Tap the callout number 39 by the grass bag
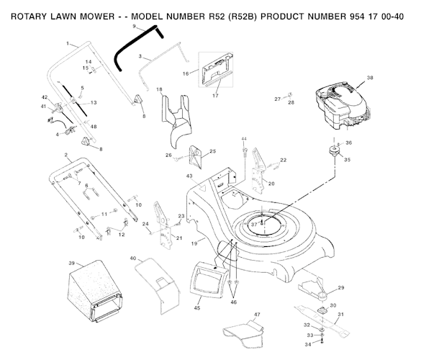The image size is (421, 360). (x=72, y=263)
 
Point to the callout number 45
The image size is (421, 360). (x=196, y=307)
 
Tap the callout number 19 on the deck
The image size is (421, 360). (x=194, y=245)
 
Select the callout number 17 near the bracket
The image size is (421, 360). (x=214, y=94)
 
